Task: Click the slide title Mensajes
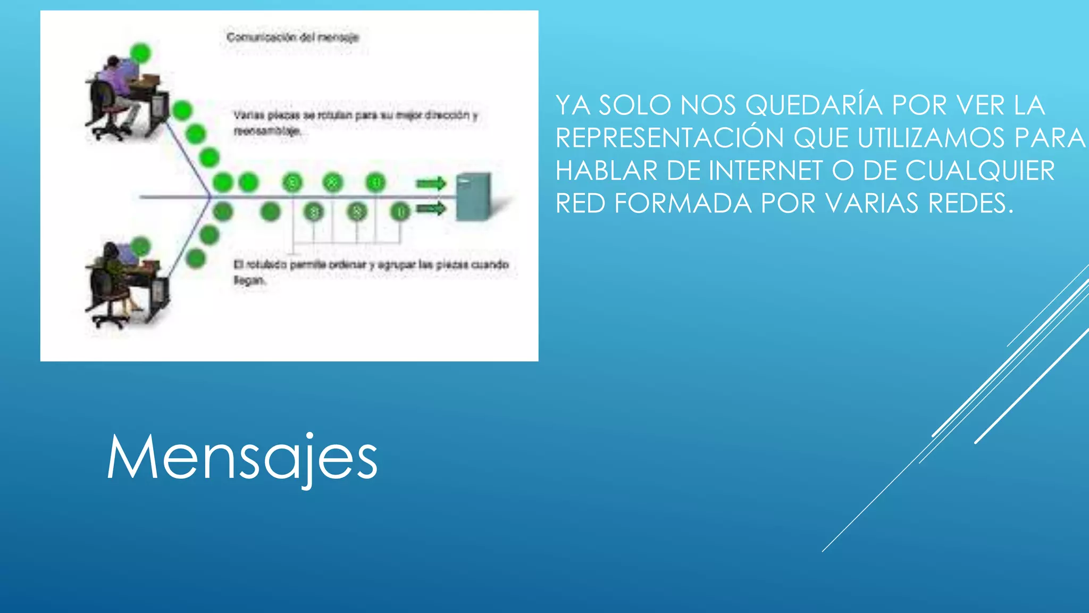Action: click(242, 458)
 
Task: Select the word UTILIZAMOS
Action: click(931, 138)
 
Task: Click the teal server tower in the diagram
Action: click(473, 196)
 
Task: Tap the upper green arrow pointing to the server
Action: click(431, 184)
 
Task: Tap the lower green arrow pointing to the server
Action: click(431, 208)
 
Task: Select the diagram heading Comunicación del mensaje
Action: click(292, 37)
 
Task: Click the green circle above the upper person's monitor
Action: click(140, 53)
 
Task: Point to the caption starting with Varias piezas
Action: click(355, 122)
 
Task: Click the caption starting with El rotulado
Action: click(371, 271)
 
